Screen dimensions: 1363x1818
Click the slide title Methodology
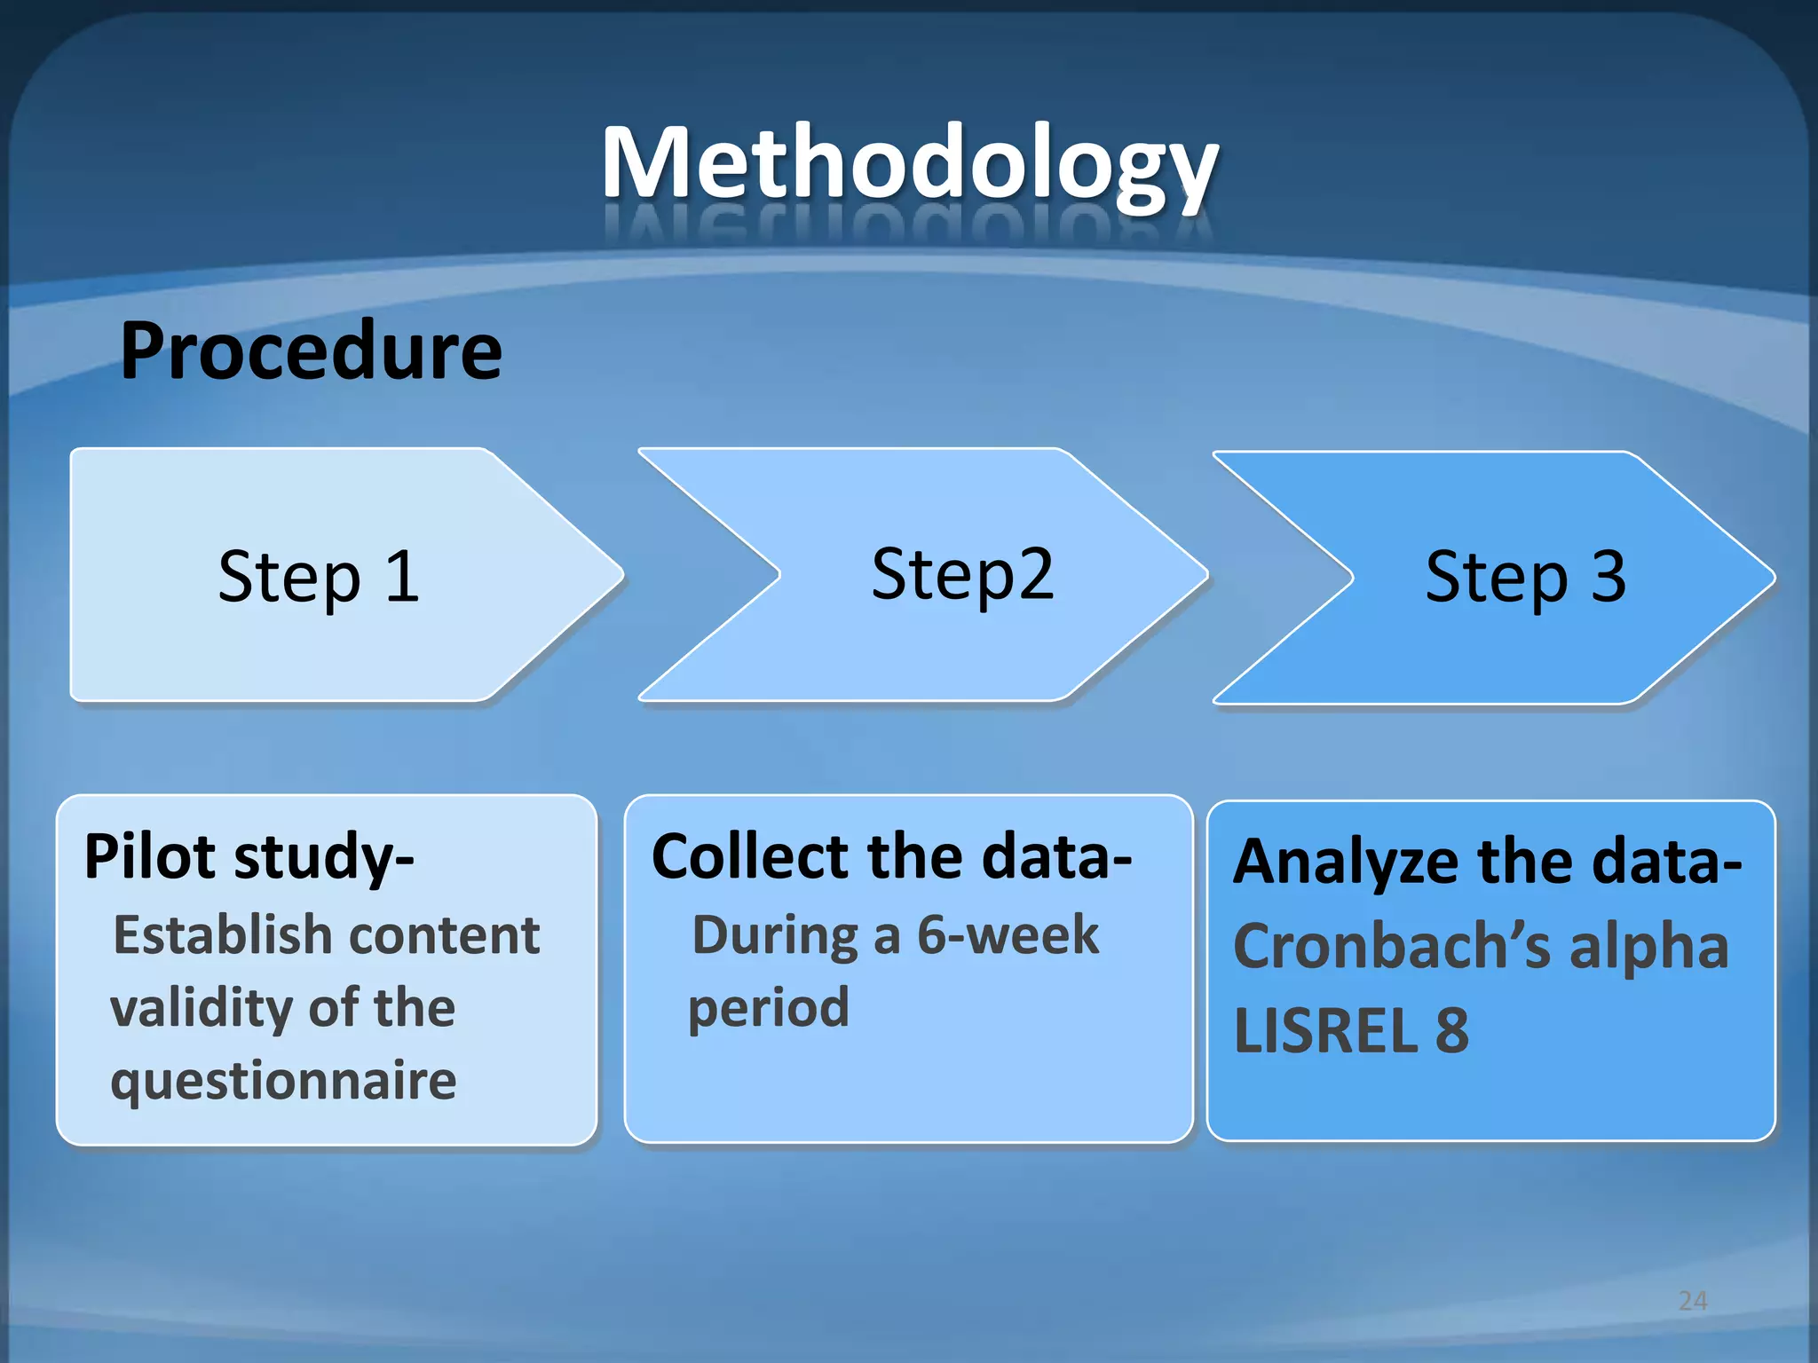pyautogui.click(x=909, y=164)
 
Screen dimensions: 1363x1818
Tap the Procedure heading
pyautogui.click(x=311, y=352)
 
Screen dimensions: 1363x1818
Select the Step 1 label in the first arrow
pyautogui.click(x=319, y=577)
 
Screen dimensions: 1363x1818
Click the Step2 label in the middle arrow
pyautogui.click(x=962, y=574)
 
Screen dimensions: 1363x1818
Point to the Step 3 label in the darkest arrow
pyautogui.click(x=1525, y=577)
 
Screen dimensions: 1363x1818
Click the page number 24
pyautogui.click(x=1693, y=1301)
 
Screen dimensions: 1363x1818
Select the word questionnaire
pyautogui.click(x=283, y=1081)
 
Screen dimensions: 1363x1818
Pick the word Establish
pyautogui.click(x=223, y=935)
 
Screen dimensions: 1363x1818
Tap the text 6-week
pyautogui.click(x=1008, y=935)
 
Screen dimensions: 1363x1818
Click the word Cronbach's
pyautogui.click(x=1392, y=946)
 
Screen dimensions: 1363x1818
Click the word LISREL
pyautogui.click(x=1326, y=1031)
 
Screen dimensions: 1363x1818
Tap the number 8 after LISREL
pyautogui.click(x=1452, y=1031)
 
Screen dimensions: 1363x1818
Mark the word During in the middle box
pyautogui.click(x=775, y=935)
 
